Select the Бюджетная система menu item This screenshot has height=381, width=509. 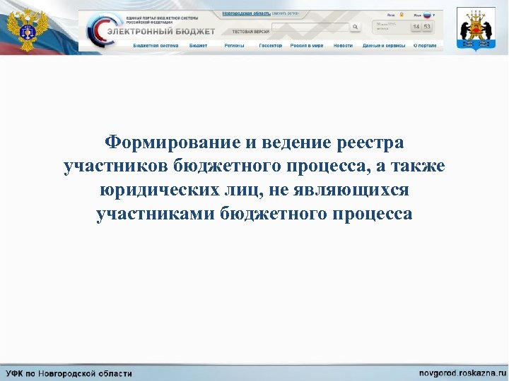[x=156, y=45]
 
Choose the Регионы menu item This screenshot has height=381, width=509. [x=234, y=45]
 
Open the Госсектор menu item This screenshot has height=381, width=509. [x=270, y=45]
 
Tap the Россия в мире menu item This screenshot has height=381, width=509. [x=308, y=45]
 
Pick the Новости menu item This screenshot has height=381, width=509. [x=343, y=45]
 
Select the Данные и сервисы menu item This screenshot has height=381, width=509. [x=384, y=45]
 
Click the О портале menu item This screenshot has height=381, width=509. [x=425, y=45]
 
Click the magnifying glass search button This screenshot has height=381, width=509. [x=356, y=27]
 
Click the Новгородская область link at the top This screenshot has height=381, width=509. [x=246, y=13]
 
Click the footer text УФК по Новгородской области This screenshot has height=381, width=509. [x=69, y=373]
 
